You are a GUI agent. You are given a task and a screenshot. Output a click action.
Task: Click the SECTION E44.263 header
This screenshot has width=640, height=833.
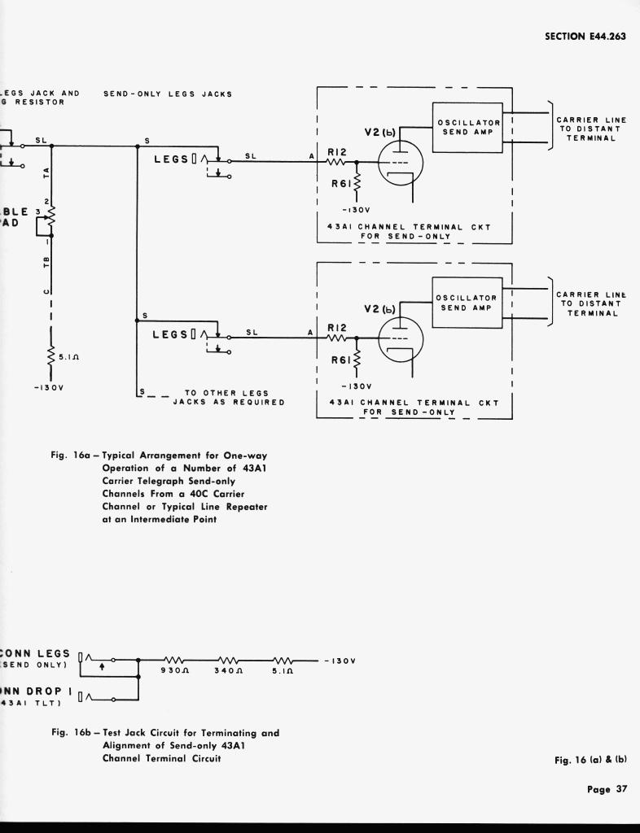pyautogui.click(x=585, y=36)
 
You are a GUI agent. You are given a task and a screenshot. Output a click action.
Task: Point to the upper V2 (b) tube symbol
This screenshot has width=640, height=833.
pyautogui.click(x=401, y=163)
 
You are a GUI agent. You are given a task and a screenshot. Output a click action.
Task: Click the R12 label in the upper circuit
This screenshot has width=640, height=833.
pyautogui.click(x=337, y=151)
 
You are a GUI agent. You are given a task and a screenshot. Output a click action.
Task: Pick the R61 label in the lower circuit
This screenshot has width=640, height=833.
pyautogui.click(x=340, y=357)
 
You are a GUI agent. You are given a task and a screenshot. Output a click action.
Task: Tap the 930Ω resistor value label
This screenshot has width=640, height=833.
pyautogui.click(x=174, y=672)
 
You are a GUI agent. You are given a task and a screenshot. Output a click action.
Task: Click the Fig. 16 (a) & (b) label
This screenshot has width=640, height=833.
pyautogui.click(x=590, y=760)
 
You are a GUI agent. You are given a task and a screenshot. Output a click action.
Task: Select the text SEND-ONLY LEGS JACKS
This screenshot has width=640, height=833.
pyautogui.click(x=168, y=94)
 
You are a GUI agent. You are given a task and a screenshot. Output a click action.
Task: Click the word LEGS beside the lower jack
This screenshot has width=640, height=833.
pyautogui.click(x=170, y=334)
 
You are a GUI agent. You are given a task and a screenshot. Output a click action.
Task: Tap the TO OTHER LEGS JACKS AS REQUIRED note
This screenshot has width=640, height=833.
pyautogui.click(x=228, y=398)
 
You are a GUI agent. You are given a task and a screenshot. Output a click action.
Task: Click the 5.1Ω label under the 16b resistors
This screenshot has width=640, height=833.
pyautogui.click(x=283, y=672)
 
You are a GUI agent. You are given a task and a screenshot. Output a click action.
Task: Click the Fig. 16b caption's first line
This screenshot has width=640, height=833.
pyautogui.click(x=165, y=732)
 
